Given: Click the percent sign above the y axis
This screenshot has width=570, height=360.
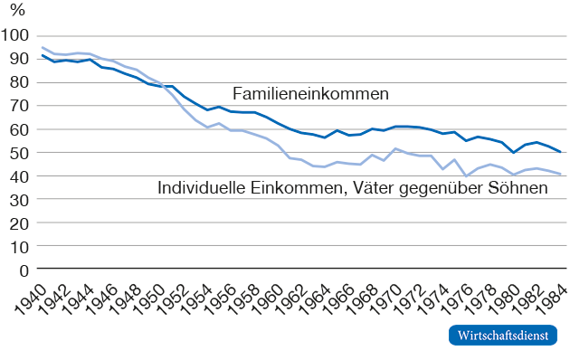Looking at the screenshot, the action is pos(17,10).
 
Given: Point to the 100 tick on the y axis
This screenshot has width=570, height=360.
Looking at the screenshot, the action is pos(14,35).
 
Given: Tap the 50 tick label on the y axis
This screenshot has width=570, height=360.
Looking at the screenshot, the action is pos(19,153).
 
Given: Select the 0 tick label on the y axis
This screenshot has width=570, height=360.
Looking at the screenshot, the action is pos(24,271).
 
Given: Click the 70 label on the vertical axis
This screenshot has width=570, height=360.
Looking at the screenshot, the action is pos(19,106).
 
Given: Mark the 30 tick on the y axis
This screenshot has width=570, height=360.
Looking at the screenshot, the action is pos(19,200).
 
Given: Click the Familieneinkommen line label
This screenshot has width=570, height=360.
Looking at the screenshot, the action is pos(311,94).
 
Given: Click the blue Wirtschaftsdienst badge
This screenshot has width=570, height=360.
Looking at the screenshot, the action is pos(503,335).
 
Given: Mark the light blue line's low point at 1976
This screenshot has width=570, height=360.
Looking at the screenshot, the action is pos(466,175).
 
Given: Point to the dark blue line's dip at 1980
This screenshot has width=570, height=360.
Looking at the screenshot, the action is pos(513,153).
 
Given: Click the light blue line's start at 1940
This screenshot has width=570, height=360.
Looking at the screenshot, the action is pos(43,47).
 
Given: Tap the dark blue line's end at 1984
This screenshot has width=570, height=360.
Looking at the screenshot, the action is pos(560,152).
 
